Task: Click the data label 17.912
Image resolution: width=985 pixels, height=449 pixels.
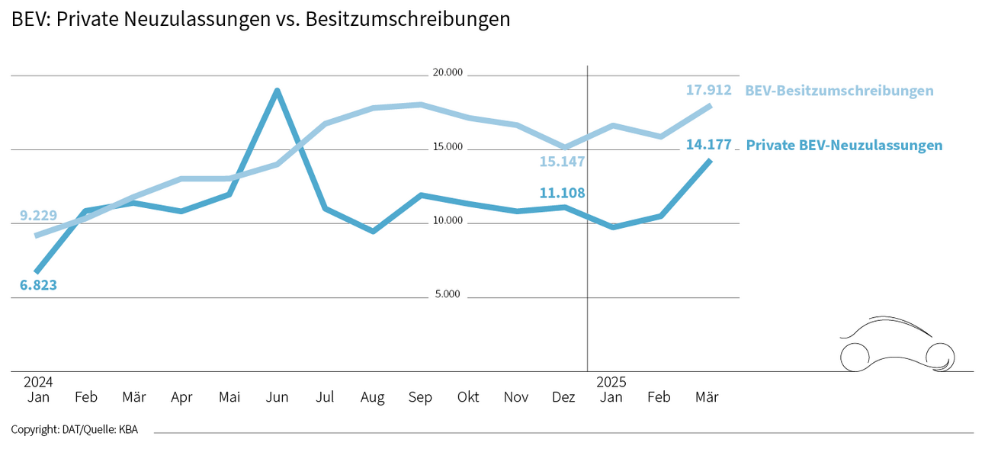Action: [708, 90]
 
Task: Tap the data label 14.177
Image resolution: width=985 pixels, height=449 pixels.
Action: [708, 144]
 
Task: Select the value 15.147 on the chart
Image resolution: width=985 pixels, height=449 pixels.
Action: [562, 162]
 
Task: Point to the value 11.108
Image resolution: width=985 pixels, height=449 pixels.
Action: [562, 193]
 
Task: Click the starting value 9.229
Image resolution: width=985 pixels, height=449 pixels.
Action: [38, 215]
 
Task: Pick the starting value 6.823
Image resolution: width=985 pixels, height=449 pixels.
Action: [38, 286]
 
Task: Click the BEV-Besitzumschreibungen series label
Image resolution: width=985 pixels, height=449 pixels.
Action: [839, 91]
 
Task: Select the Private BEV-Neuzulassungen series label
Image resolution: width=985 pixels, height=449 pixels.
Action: [844, 145]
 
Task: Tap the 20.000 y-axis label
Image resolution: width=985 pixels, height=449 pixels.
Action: [448, 73]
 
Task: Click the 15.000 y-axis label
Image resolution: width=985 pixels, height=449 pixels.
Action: [448, 146]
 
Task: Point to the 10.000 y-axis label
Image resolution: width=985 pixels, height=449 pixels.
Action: [448, 220]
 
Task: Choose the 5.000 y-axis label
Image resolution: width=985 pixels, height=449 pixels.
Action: [448, 294]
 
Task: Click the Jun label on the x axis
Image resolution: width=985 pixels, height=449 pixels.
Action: [278, 397]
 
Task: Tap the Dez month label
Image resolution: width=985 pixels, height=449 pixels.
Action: [563, 397]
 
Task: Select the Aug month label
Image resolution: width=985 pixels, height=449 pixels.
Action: [372, 397]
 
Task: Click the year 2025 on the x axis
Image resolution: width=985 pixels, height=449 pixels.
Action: [611, 381]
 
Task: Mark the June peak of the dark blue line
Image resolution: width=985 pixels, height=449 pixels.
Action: [278, 91]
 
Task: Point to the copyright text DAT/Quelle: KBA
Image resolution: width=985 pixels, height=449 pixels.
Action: [75, 429]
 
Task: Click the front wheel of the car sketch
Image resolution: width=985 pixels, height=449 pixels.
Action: [939, 356]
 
